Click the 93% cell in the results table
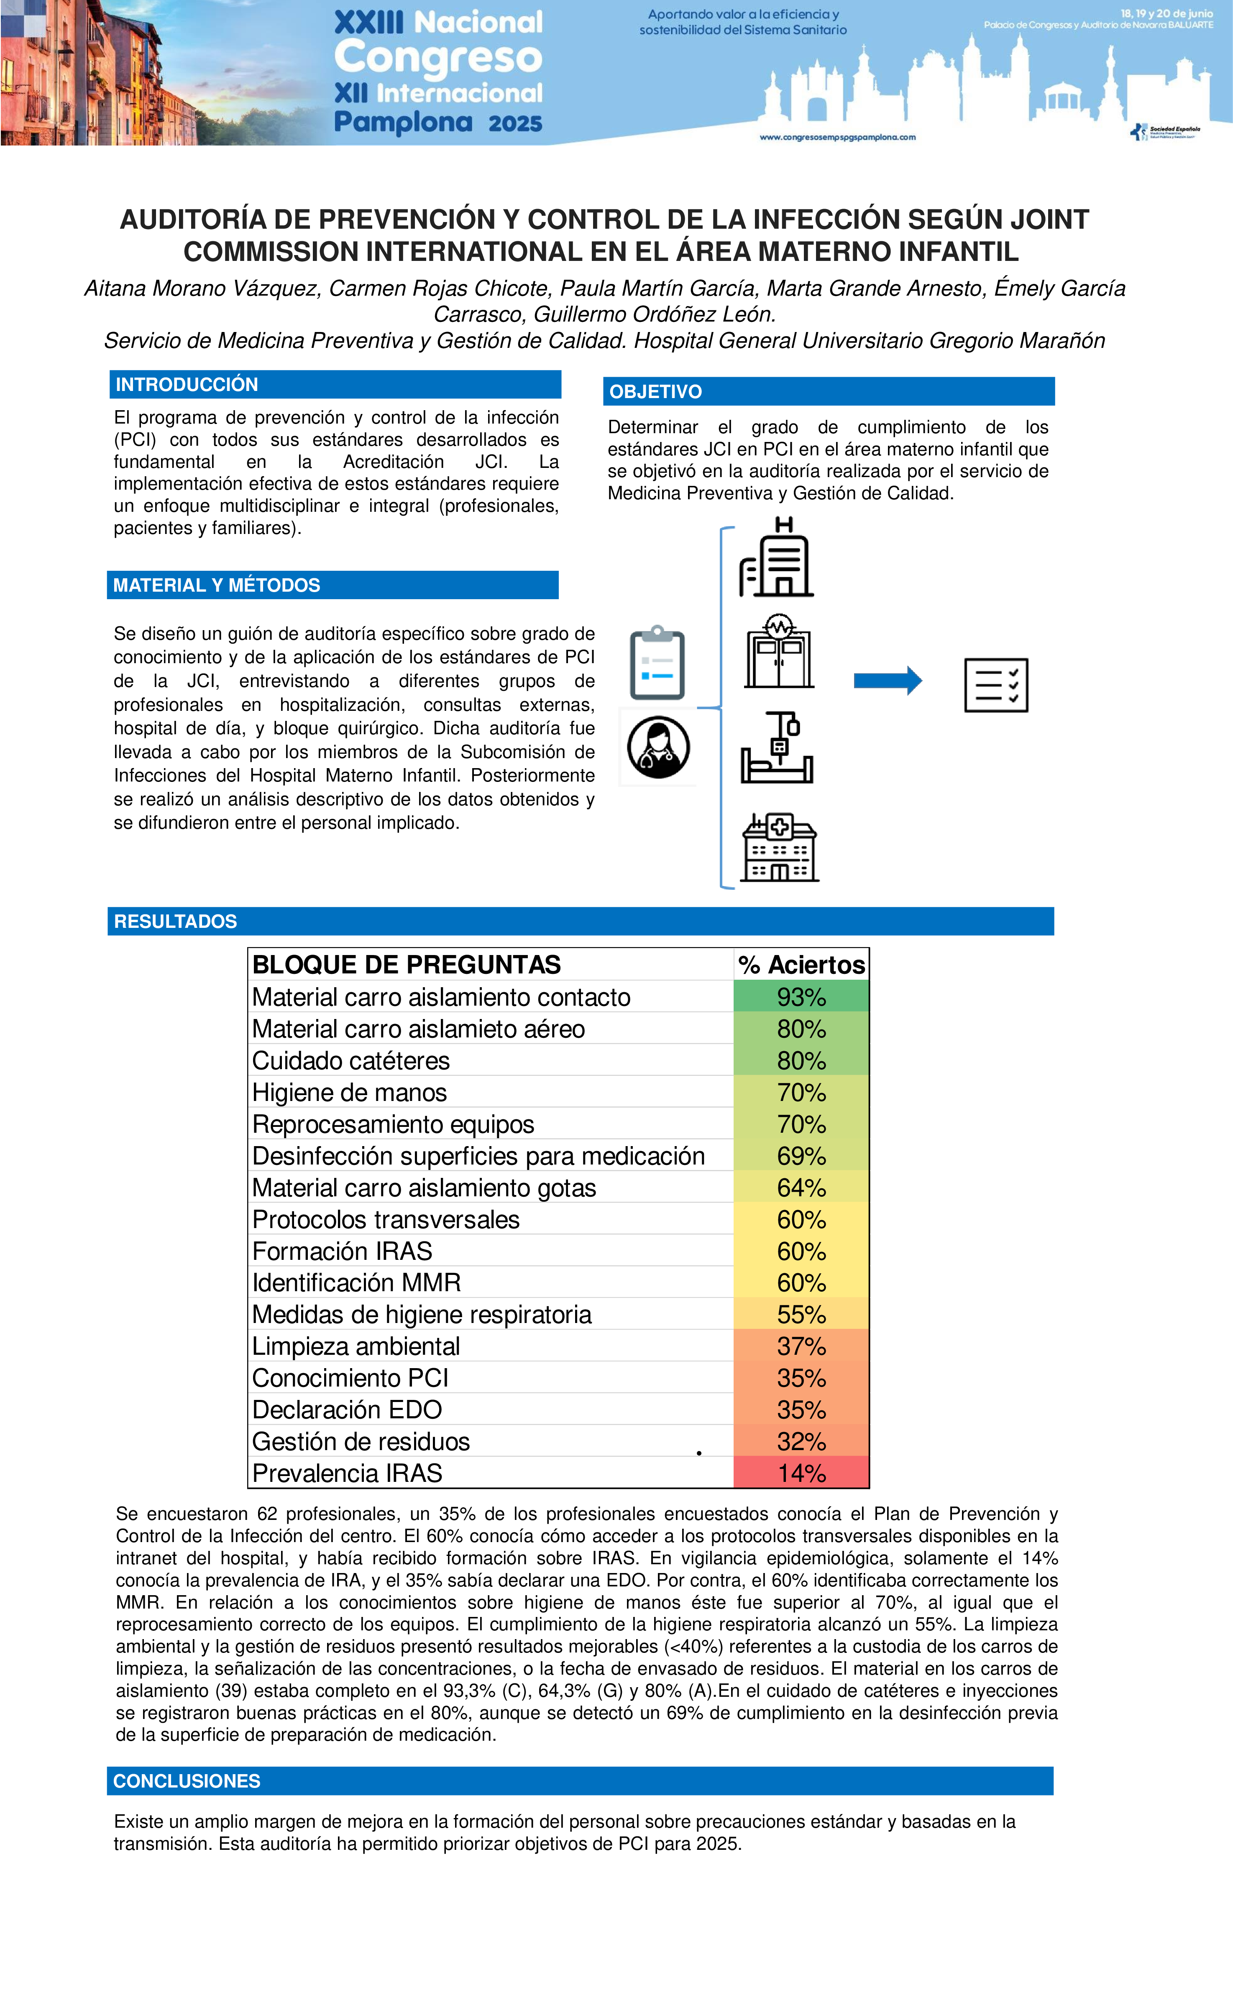pyautogui.click(x=801, y=997)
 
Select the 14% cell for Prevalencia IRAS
pyautogui.click(x=801, y=1473)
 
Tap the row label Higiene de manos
pyautogui.click(x=349, y=1093)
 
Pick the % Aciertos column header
pyautogui.click(x=801, y=965)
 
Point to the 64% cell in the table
pyautogui.click(x=801, y=1188)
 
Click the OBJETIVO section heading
pyautogui.click(x=655, y=392)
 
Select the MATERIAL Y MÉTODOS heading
pyautogui.click(x=217, y=585)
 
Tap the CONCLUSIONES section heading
pyautogui.click(x=187, y=1781)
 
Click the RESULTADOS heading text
pyautogui.click(x=175, y=922)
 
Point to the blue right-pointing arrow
pyautogui.click(x=888, y=680)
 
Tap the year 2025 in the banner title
pyautogui.click(x=515, y=123)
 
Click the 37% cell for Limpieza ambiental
pyautogui.click(x=801, y=1346)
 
